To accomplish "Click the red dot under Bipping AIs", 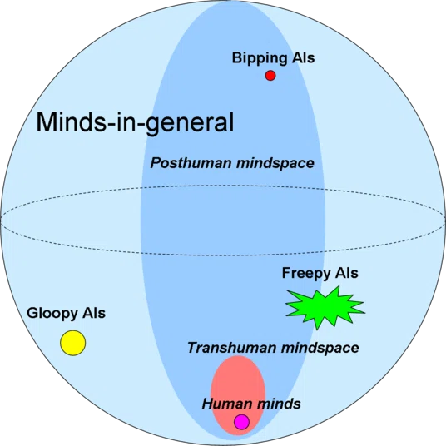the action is click(x=270, y=76).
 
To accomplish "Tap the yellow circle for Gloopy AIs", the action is click(x=73, y=343).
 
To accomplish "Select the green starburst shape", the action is click(x=325, y=308).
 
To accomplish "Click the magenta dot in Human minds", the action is click(x=241, y=422).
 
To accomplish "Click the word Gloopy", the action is click(x=52, y=314).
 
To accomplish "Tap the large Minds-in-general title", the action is click(x=135, y=122).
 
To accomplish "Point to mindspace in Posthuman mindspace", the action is click(x=275, y=164).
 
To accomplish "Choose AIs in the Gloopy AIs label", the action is click(x=93, y=313).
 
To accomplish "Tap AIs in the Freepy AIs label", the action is click(x=346, y=273).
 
